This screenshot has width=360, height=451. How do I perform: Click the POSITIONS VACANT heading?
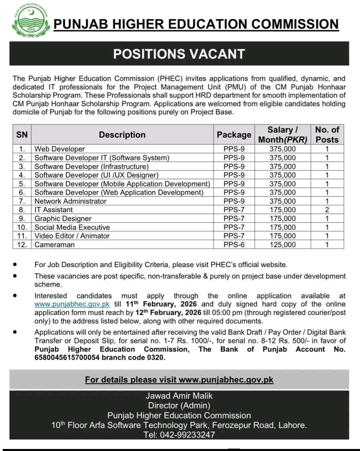click(x=179, y=54)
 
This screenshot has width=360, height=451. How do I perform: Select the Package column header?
click(x=234, y=135)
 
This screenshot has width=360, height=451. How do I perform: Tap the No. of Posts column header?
click(x=327, y=135)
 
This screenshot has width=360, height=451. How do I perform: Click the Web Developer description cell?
click(x=59, y=149)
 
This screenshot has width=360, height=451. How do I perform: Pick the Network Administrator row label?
click(x=70, y=201)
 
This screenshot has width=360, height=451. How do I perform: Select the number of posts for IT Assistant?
click(x=327, y=210)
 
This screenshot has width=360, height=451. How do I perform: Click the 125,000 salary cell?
click(x=282, y=245)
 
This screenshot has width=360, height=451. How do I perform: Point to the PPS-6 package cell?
click(x=234, y=245)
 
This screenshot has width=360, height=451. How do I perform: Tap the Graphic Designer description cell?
click(x=63, y=218)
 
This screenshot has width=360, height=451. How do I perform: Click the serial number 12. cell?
click(x=22, y=245)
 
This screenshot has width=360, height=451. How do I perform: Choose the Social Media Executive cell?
click(x=72, y=227)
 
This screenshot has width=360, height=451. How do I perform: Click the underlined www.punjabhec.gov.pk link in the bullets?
click(x=72, y=304)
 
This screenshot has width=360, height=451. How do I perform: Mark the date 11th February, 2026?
click(x=161, y=304)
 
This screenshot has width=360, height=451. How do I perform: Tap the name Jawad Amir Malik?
click(x=179, y=396)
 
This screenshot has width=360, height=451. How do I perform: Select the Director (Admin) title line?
click(x=179, y=406)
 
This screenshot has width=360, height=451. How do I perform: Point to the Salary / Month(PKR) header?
click(x=282, y=135)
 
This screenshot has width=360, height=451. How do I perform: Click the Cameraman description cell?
click(x=54, y=245)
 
